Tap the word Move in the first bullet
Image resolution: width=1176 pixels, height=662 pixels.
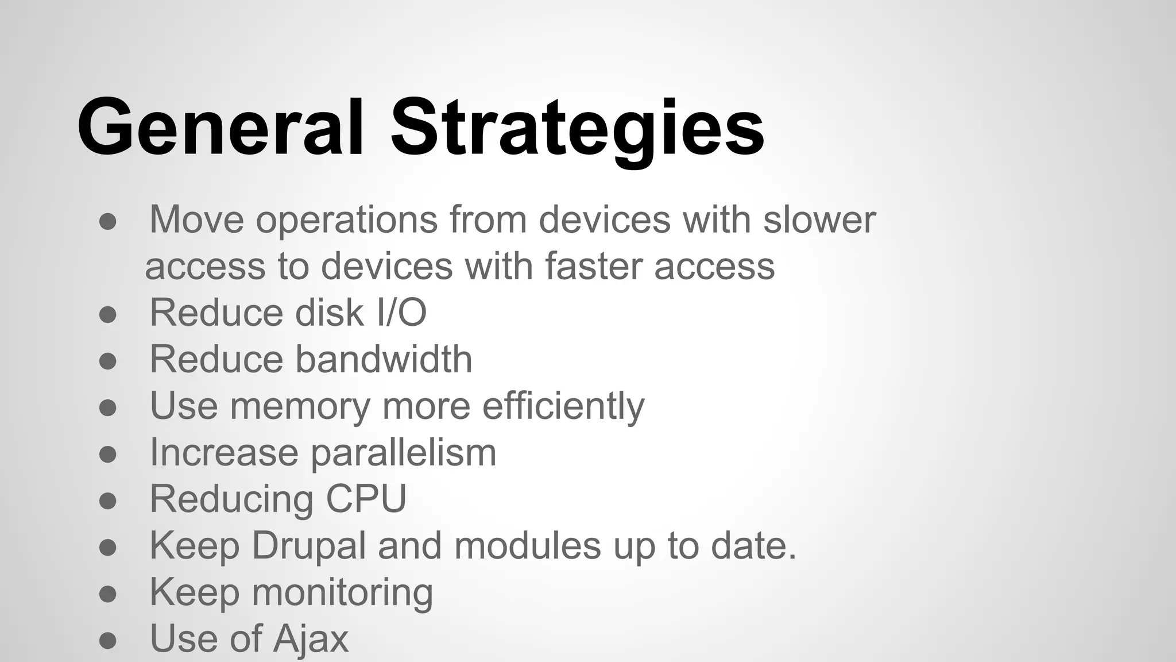196,220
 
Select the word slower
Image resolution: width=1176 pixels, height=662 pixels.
819,220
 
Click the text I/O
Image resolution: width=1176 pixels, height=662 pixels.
402,313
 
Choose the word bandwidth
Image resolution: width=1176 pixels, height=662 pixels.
384,359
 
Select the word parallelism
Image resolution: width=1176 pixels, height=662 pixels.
403,453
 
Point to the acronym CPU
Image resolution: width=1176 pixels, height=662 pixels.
366,498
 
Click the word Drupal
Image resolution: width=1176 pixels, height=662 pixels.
309,546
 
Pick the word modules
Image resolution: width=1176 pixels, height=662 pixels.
528,545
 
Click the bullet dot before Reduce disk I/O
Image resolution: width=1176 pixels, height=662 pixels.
108,314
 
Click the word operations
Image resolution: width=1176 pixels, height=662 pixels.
346,221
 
